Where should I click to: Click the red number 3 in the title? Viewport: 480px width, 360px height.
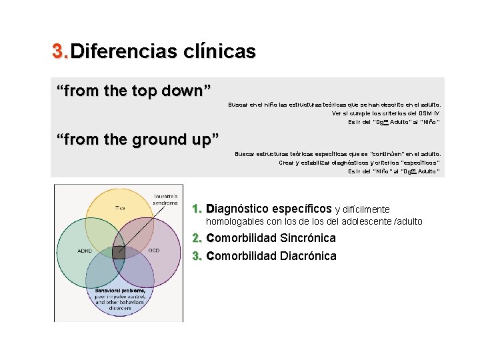coord(58,51)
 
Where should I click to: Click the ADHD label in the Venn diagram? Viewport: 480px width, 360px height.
coord(85,251)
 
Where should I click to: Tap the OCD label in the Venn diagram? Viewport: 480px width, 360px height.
coord(153,251)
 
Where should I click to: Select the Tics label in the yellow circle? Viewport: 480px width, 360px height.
coord(119,209)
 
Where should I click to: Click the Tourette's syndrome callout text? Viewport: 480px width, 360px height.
coord(167,199)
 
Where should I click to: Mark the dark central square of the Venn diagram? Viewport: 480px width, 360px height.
coord(118,251)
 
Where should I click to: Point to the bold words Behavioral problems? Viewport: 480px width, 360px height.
coord(119,291)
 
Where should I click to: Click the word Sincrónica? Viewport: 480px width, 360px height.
coord(308,238)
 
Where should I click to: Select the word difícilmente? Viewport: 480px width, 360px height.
coord(367,210)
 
